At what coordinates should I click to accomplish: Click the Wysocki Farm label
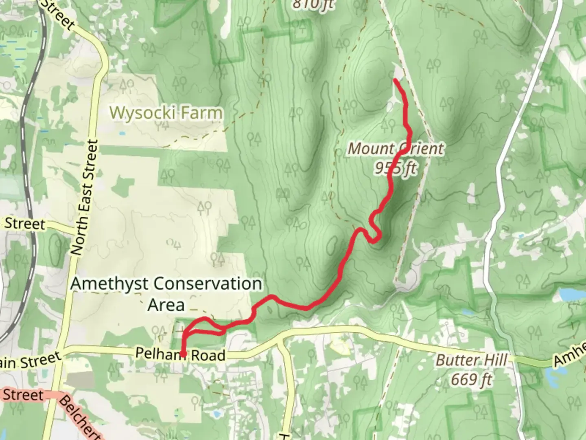(x=166, y=113)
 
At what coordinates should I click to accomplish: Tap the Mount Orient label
(x=395, y=149)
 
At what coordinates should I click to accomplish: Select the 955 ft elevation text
(x=395, y=167)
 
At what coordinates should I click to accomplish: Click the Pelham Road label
(x=180, y=354)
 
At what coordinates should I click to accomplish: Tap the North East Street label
(x=85, y=198)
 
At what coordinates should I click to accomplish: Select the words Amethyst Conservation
(x=166, y=284)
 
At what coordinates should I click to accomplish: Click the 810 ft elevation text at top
(x=313, y=4)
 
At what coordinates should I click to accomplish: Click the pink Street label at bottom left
(x=24, y=395)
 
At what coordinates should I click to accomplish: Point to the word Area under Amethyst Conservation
(x=166, y=305)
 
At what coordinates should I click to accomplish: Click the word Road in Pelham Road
(x=209, y=355)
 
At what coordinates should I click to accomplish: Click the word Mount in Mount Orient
(x=370, y=149)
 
